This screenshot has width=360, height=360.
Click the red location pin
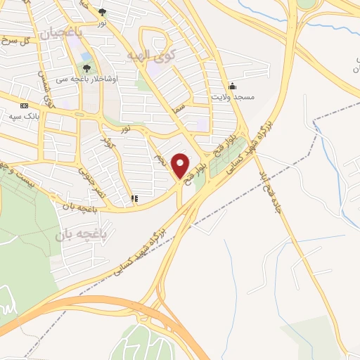[x=181, y=165]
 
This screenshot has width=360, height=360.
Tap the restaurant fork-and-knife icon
[x=134, y=199]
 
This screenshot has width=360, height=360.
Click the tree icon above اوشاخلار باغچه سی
[x=87, y=68]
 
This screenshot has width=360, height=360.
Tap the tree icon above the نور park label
[x=103, y=12]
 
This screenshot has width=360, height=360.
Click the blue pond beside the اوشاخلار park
[x=86, y=56]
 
